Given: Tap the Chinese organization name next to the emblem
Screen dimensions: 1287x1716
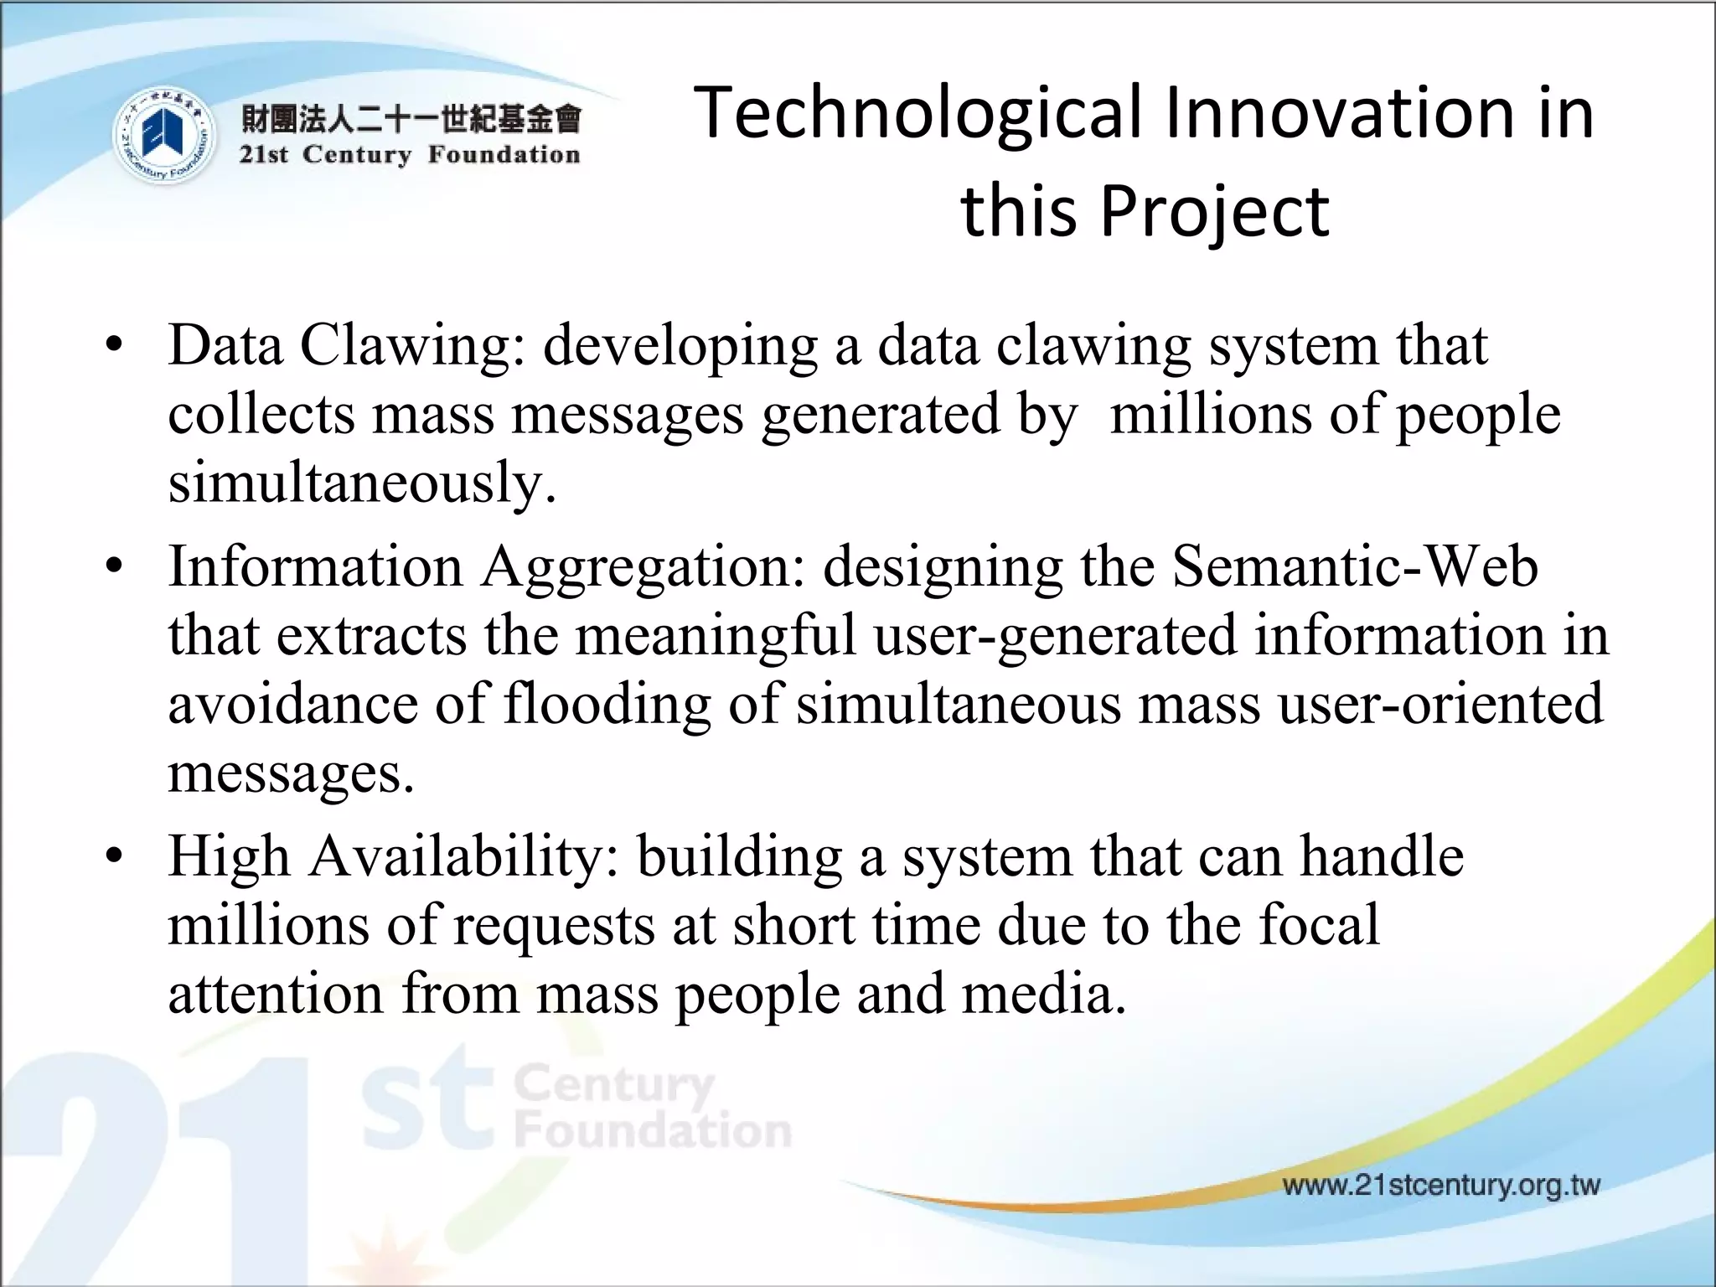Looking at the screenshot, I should pos(411,119).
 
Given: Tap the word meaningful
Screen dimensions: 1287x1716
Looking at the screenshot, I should pos(716,635).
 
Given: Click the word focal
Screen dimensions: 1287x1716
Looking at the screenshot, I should pos(1319,925).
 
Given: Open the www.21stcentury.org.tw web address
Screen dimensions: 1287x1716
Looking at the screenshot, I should pos(1441,1186).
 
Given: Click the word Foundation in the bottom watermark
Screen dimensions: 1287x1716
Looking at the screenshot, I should pos(653,1131).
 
